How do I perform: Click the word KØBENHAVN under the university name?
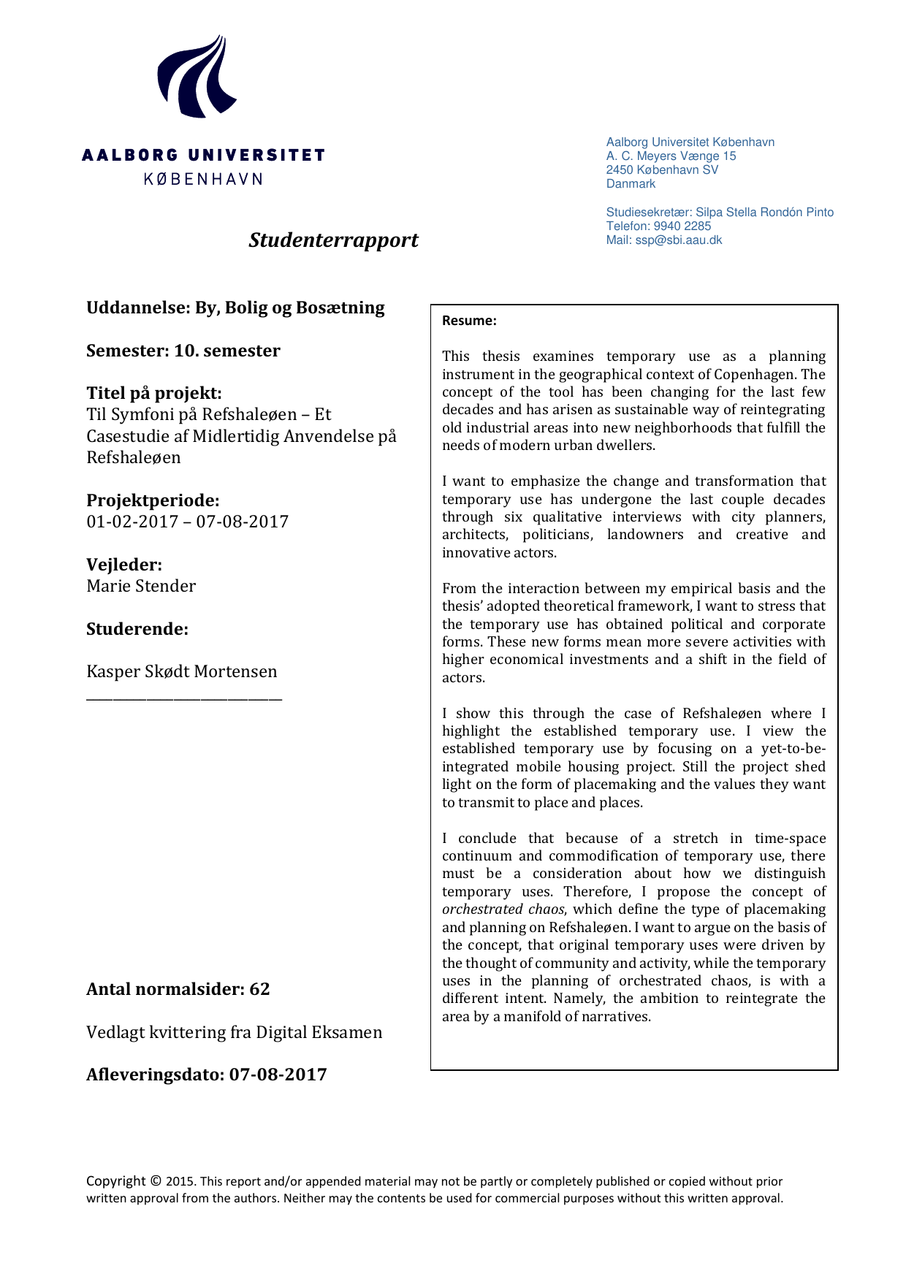click(203, 179)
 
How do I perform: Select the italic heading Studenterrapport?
click(333, 240)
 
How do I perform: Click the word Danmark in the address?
click(631, 184)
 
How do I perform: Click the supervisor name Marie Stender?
click(141, 586)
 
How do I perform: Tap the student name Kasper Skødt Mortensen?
click(182, 671)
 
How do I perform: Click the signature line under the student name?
click(184, 700)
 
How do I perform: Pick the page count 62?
click(259, 989)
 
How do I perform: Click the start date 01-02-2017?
click(132, 522)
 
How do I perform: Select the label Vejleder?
click(124, 565)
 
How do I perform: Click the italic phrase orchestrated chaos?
click(503, 909)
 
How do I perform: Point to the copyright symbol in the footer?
click(156, 1180)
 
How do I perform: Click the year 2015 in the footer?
click(180, 1181)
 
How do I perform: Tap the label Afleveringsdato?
click(156, 1075)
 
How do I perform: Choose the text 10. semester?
click(226, 351)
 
